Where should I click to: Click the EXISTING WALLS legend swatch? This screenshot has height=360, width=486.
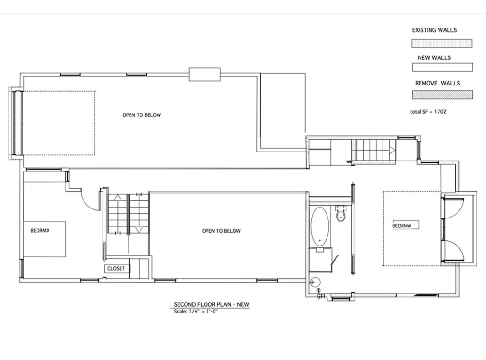[x=442, y=43]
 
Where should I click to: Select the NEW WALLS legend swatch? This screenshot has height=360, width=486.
[x=442, y=67]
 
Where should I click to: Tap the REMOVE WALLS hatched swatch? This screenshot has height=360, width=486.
[x=442, y=95]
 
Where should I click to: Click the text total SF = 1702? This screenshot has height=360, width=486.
[x=428, y=112]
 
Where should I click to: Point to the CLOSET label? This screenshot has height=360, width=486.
[x=116, y=268]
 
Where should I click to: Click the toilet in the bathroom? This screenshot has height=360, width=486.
[x=341, y=213]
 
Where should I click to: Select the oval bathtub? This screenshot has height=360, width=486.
[x=320, y=227]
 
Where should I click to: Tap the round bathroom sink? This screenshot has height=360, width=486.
[x=315, y=283]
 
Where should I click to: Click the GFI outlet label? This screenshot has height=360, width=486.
[x=321, y=296]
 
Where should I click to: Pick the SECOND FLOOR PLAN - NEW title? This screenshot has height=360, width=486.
[x=211, y=304]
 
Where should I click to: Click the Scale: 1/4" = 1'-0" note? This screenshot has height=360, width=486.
[x=196, y=311]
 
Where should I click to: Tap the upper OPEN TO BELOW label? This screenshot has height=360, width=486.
[x=141, y=115]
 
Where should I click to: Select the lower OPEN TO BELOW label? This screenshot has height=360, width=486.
[x=221, y=231]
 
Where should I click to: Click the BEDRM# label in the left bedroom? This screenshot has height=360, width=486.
[x=40, y=231]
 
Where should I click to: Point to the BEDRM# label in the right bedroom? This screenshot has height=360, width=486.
[x=402, y=226]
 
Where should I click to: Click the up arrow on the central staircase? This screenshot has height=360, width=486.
[x=118, y=198]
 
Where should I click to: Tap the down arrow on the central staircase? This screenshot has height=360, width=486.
[x=139, y=230]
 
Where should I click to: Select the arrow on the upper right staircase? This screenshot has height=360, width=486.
[x=393, y=151]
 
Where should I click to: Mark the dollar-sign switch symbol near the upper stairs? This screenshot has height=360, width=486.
[x=349, y=161]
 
